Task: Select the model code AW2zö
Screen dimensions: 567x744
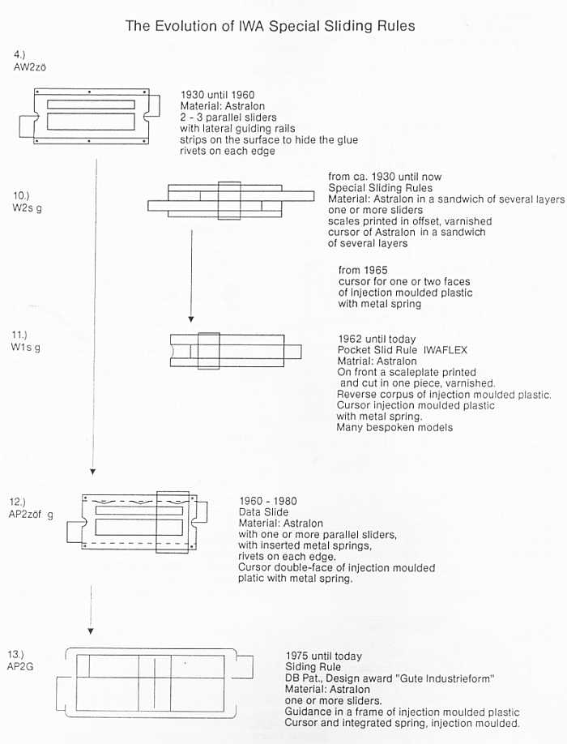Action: [x=30, y=67]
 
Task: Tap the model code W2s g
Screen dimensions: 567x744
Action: [x=27, y=207]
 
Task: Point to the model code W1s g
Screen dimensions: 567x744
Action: [x=26, y=347]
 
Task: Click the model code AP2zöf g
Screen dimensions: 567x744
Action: [x=31, y=515]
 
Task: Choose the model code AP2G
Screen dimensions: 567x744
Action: [x=20, y=667]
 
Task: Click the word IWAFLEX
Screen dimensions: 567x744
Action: [x=446, y=350]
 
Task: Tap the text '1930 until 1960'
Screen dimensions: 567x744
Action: [x=217, y=95]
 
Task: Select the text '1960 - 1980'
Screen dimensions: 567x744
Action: [x=268, y=501]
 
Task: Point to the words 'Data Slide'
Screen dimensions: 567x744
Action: [x=263, y=512]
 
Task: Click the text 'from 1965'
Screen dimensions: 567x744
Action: [x=363, y=270]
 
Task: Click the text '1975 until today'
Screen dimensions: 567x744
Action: [x=323, y=656]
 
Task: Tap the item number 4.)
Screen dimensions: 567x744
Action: [x=19, y=54]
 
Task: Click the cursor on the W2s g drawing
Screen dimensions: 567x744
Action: [x=229, y=201]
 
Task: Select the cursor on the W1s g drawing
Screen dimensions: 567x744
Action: [x=209, y=351]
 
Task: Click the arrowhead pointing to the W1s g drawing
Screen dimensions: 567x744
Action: [x=191, y=319]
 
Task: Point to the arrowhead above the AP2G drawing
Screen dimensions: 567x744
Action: [x=91, y=631]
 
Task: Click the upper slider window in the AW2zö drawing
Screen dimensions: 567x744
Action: [x=91, y=105]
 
